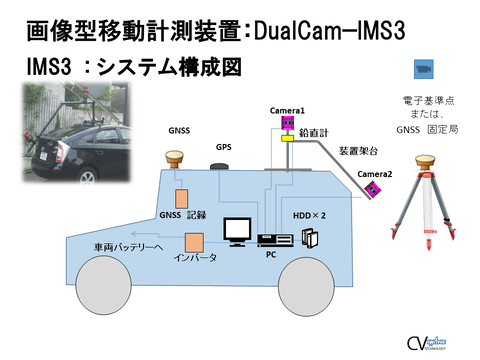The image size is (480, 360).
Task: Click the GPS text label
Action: tap(223, 146)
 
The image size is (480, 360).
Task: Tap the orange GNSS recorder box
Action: tap(182, 198)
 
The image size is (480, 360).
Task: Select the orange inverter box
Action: tap(194, 242)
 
